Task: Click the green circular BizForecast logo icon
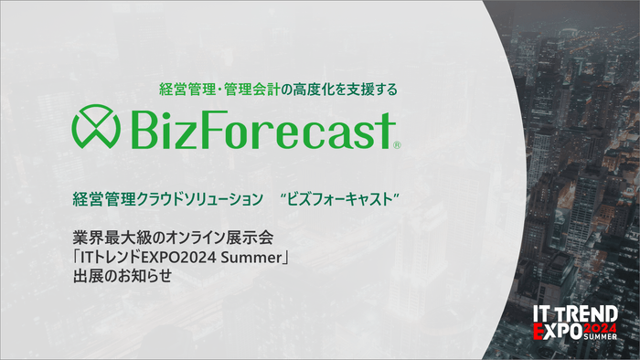99,129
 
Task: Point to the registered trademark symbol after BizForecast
396,144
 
